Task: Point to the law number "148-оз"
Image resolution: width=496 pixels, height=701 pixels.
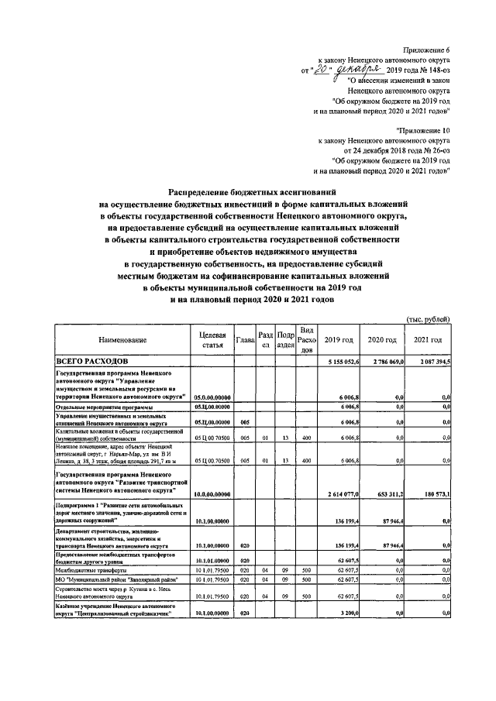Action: (435, 69)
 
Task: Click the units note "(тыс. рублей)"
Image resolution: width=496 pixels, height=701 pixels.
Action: (427, 319)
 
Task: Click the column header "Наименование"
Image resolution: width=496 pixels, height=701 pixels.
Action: (122, 340)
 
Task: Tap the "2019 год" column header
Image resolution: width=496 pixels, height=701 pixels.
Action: (339, 340)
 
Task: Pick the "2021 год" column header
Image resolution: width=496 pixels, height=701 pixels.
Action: (428, 340)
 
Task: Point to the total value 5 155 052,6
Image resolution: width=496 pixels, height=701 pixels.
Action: (338, 362)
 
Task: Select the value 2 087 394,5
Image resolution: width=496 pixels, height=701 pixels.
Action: (429, 362)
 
